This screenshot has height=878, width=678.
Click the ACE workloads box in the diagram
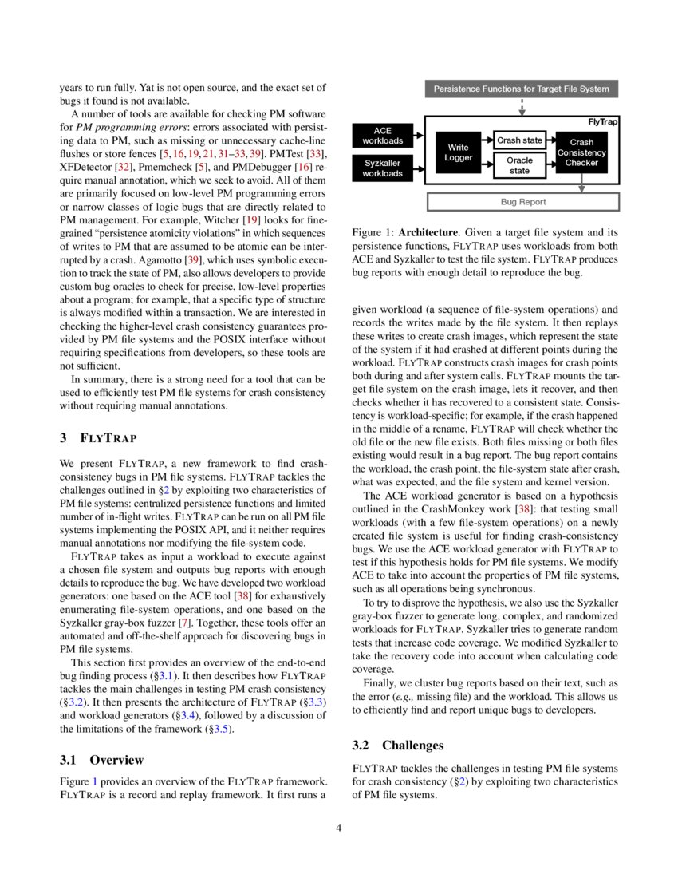click(382, 136)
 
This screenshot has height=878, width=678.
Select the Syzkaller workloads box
click(382, 168)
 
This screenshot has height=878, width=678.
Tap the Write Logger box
click(458, 152)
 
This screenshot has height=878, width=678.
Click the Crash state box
click(519, 140)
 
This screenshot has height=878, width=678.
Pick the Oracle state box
click(519, 165)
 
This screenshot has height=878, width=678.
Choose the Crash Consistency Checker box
click(581, 152)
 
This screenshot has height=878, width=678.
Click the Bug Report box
click(523, 202)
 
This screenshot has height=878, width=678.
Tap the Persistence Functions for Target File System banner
click(521, 89)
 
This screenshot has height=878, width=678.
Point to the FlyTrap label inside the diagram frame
click(602, 121)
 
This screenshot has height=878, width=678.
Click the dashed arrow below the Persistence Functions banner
click(521, 106)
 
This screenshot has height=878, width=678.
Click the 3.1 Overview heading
click(102, 759)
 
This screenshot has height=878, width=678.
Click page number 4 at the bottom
click(339, 827)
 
